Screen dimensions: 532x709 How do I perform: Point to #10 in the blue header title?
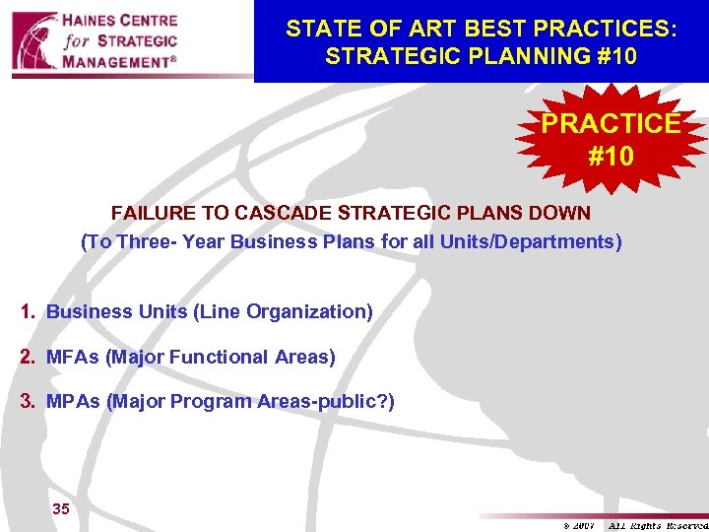(x=614, y=56)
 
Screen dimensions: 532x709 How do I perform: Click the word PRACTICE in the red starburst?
(x=611, y=123)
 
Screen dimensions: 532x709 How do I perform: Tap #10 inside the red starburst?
(x=611, y=156)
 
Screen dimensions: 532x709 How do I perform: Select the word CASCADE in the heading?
(x=293, y=214)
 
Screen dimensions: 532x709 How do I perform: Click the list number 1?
(x=29, y=312)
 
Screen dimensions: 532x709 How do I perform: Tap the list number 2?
(x=29, y=358)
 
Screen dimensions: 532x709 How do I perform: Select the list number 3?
(x=29, y=402)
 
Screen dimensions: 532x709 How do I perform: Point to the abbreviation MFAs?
(x=73, y=358)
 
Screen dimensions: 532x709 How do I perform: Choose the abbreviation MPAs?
(x=74, y=402)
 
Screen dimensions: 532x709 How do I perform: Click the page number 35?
(x=60, y=509)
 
